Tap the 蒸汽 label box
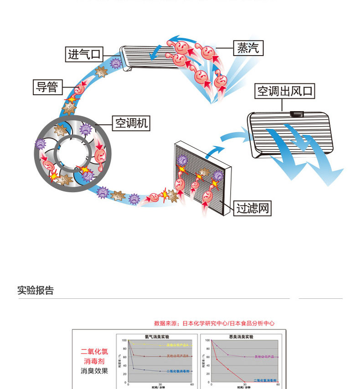[248, 48]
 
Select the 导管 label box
[47, 87]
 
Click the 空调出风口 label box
[285, 91]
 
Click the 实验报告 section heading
[36, 291]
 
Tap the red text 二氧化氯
[94, 351]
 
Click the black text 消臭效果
[94, 371]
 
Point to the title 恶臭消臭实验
[241, 337]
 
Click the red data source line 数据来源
[214, 323]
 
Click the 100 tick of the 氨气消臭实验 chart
[124, 340]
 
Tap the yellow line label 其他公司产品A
[177, 345]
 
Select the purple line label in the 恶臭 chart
[266, 357]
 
